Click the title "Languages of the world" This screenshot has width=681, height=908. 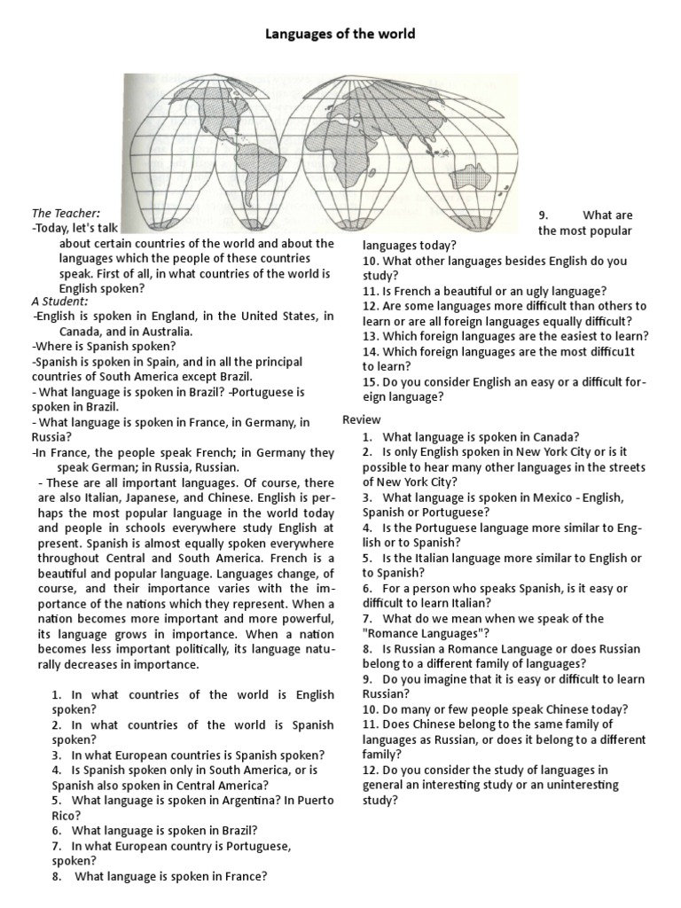pos(340,35)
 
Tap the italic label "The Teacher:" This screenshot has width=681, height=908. pos(67,214)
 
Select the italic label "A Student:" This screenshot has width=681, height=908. pos(60,301)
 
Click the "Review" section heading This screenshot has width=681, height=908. pos(361,419)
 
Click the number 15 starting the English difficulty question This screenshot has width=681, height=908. pos(370,382)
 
